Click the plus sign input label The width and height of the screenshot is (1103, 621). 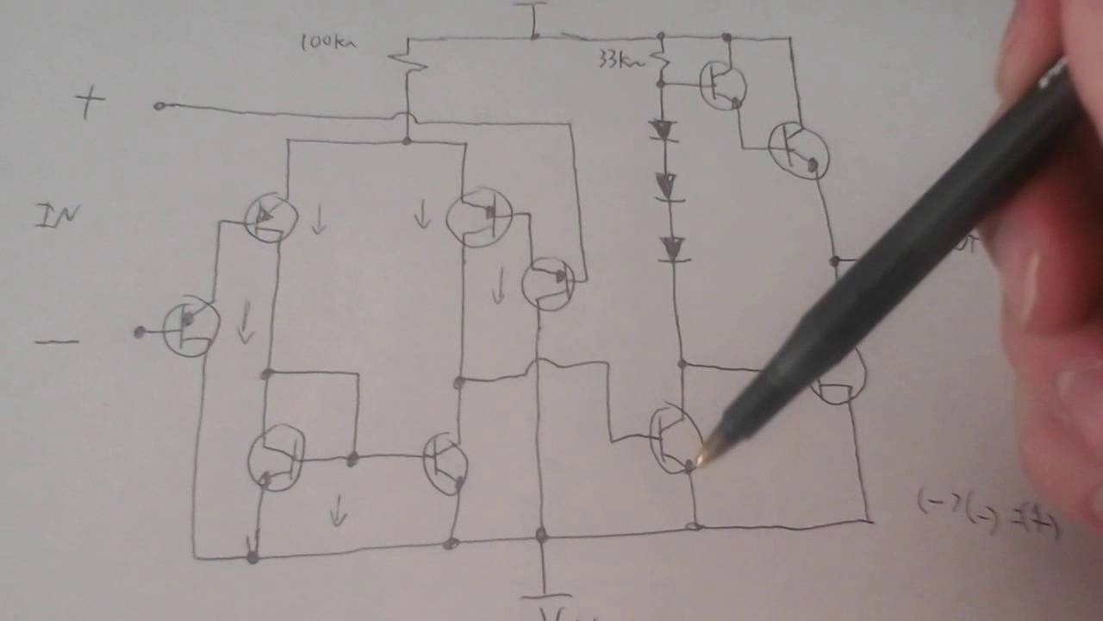(90, 104)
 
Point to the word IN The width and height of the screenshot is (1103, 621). (59, 216)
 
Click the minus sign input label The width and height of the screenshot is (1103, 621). (57, 342)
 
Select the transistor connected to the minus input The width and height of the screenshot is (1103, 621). (190, 328)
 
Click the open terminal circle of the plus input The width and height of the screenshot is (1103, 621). (159, 106)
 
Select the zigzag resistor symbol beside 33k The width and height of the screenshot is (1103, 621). (662, 60)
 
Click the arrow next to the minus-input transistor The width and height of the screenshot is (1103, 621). (246, 323)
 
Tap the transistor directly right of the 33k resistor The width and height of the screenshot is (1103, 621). (722, 85)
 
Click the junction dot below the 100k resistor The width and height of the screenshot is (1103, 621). (407, 141)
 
